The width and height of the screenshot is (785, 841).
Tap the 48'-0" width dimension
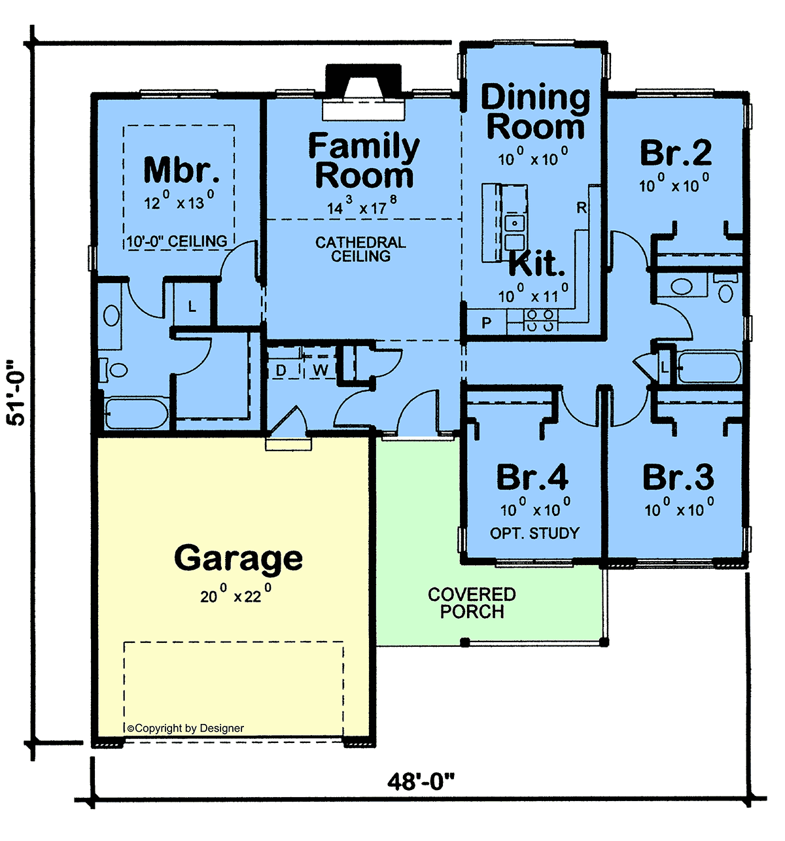[421, 781]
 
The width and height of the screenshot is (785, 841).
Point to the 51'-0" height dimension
[16, 392]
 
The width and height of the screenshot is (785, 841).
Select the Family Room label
[364, 160]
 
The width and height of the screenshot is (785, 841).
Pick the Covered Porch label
[472, 603]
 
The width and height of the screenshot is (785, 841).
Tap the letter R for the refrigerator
[582, 208]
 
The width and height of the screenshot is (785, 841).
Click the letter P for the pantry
[486, 322]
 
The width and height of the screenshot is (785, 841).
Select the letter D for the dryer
[281, 371]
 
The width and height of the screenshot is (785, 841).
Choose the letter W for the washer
[321, 371]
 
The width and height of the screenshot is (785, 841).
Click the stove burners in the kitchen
[540, 320]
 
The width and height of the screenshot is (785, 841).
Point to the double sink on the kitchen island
[514, 232]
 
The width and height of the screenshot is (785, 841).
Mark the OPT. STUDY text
[534, 533]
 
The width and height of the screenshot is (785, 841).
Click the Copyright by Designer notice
[186, 728]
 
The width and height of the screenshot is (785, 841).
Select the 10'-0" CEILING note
[177, 241]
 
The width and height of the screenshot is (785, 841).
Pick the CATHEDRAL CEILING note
[360, 249]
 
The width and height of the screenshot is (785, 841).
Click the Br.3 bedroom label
[678, 477]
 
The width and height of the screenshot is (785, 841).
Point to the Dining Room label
[536, 112]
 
